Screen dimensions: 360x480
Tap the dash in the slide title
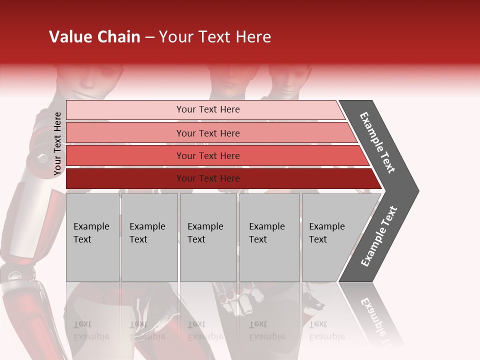149,37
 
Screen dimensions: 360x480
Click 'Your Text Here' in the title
215,37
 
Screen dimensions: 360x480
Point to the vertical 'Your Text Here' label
57,143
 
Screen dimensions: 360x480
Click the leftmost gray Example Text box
92,237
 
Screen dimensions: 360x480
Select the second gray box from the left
149,237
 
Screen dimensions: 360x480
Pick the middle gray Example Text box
208,237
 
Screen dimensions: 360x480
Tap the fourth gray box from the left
269,237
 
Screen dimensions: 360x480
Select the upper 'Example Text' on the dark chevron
378,142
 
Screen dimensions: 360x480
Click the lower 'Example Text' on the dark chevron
379,236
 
